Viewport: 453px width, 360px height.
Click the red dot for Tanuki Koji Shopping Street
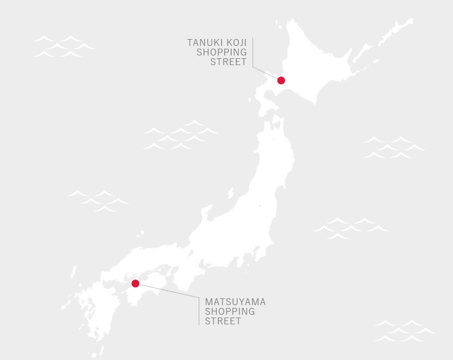click(x=281, y=80)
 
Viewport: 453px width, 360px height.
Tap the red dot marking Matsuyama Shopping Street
click(x=135, y=284)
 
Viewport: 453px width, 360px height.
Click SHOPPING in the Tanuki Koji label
click(x=221, y=52)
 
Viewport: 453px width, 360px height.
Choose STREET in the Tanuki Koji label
click(x=228, y=62)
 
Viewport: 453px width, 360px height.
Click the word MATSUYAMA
click(x=235, y=302)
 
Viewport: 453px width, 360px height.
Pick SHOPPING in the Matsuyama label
click(x=230, y=311)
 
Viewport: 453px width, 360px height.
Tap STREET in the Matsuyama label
click(x=223, y=321)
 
